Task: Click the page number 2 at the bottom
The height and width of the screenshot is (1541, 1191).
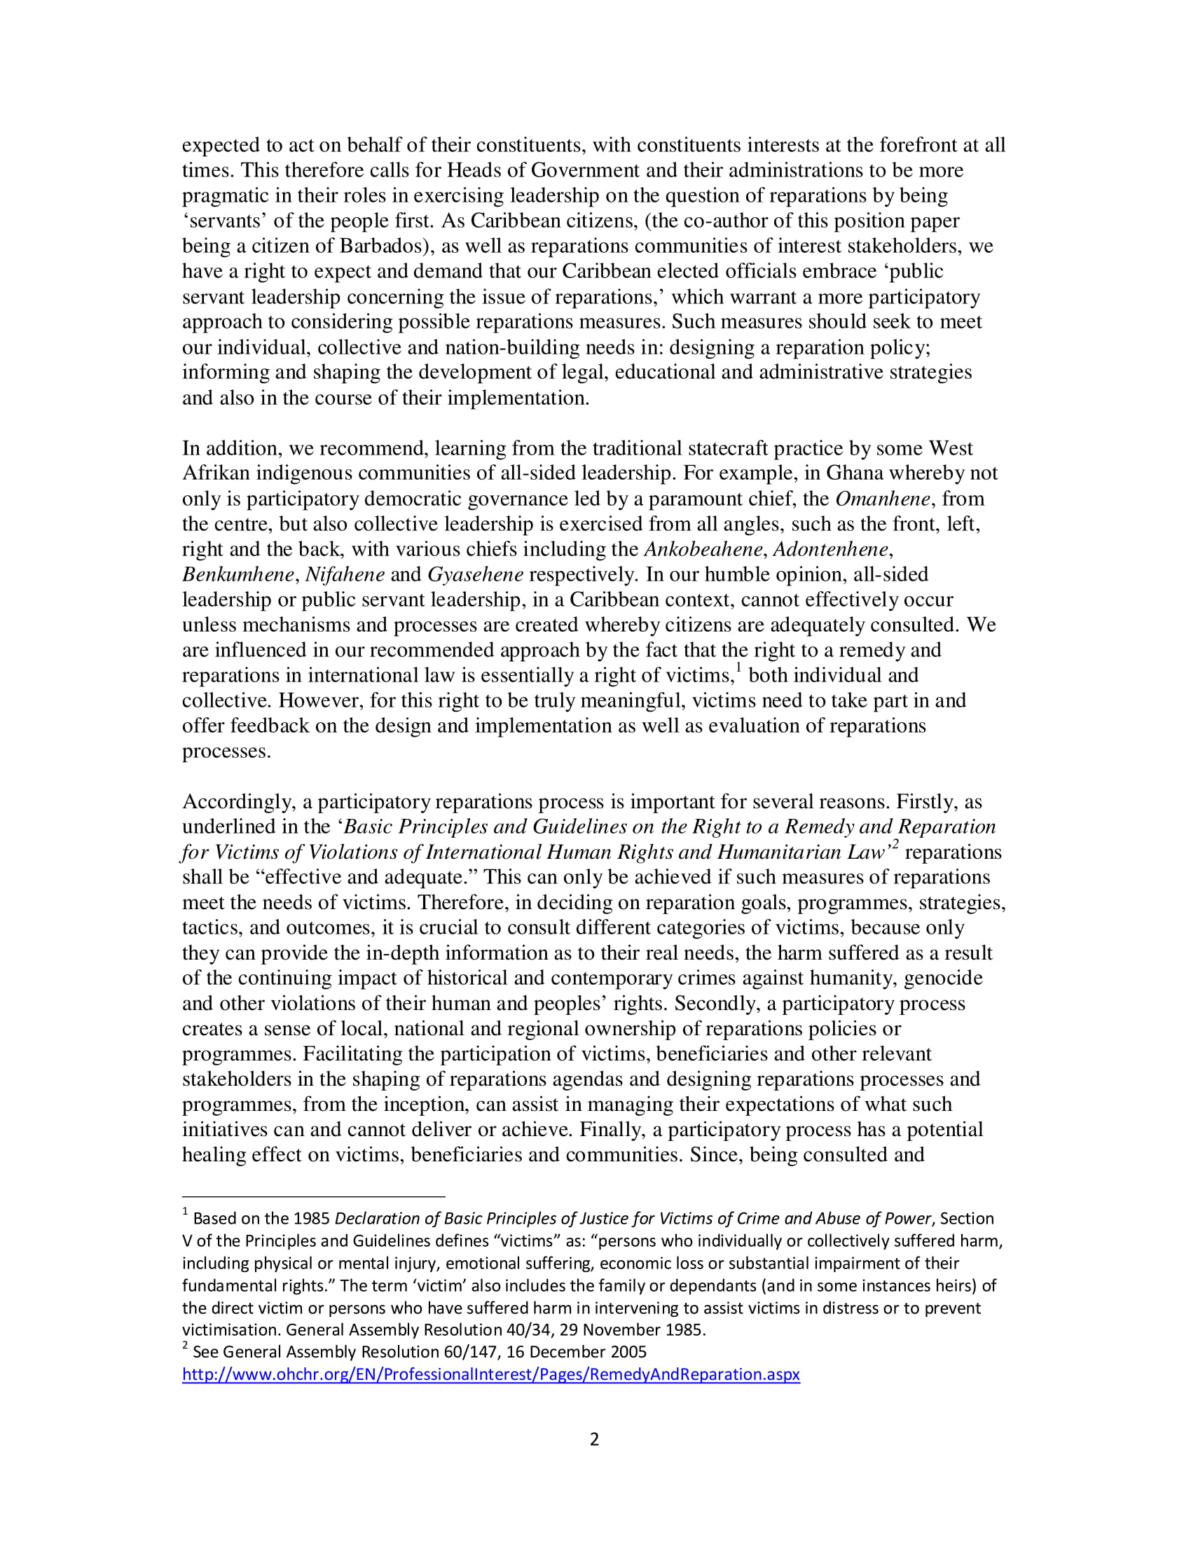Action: click(x=594, y=1439)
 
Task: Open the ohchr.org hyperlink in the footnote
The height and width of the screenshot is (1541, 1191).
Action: click(x=490, y=1374)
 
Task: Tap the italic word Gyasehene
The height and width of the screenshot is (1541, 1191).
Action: click(x=475, y=574)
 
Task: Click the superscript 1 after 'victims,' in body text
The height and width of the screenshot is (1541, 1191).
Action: click(x=738, y=668)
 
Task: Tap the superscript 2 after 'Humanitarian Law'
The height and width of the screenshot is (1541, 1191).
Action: click(x=895, y=845)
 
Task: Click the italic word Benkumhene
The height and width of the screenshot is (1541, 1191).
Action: click(x=237, y=574)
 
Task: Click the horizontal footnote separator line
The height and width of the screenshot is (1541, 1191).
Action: click(x=313, y=1196)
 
